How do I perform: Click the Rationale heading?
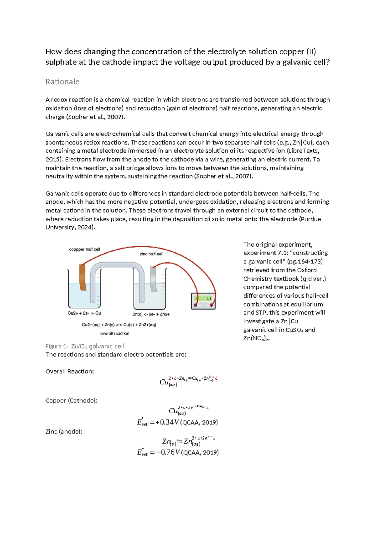click(62, 82)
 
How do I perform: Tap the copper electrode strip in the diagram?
click(83, 277)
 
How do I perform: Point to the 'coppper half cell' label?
click(85, 249)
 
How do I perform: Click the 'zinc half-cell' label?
click(151, 254)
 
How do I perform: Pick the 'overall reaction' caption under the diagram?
click(115, 333)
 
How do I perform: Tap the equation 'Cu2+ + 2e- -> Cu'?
click(84, 313)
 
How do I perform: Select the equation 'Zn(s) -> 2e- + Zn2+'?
click(151, 314)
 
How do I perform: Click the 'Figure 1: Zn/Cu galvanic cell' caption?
click(85, 346)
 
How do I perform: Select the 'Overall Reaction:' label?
click(70, 371)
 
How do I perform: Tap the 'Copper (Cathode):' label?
click(71, 401)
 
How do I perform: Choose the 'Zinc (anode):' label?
click(64, 431)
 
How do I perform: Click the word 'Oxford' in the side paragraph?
click(307, 270)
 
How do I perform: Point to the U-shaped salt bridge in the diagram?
click(117, 267)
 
